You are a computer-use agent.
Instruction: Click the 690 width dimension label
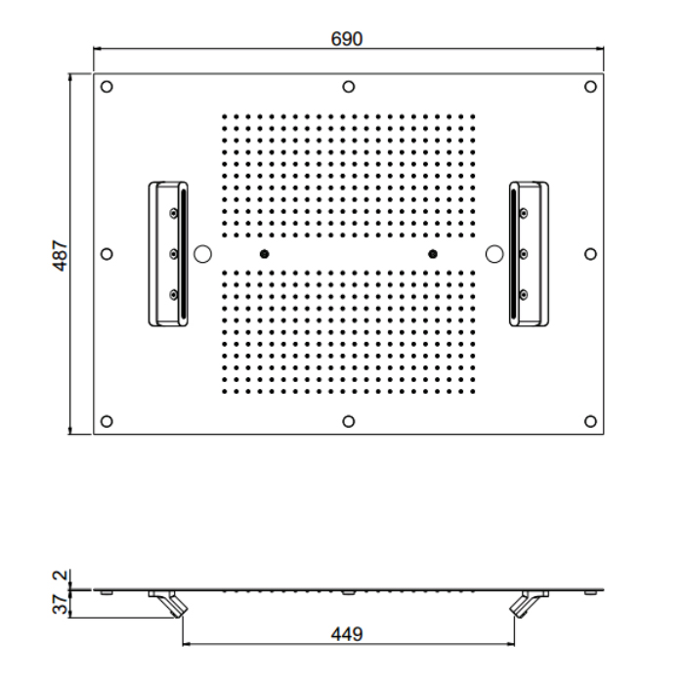(347, 39)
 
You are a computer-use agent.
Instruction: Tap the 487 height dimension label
(61, 255)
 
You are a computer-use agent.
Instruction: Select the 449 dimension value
(347, 634)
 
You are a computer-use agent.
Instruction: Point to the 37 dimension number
(61, 604)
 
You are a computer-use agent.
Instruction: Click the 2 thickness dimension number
(61, 575)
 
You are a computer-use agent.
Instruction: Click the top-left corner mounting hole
(107, 87)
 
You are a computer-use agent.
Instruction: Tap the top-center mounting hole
(348, 87)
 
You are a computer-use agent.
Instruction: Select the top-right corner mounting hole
(590, 87)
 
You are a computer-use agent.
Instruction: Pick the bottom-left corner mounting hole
(107, 421)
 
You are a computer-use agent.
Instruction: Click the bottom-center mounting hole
(348, 421)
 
